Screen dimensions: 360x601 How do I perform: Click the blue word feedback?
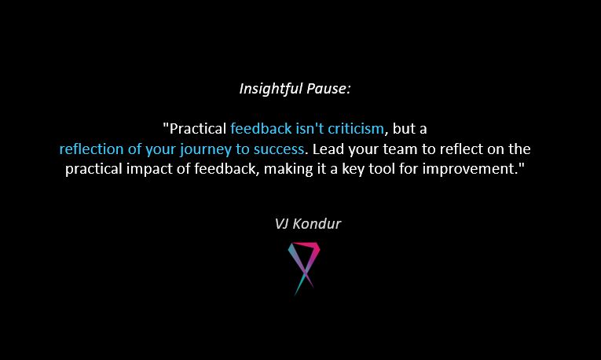[260, 128]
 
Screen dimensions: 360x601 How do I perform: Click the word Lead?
[327, 149]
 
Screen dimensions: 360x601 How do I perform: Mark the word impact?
[207, 170]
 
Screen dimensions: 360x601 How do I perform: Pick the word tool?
[423, 170]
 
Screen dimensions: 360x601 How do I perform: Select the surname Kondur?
[319, 223]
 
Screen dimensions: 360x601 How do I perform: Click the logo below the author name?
[304, 266]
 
